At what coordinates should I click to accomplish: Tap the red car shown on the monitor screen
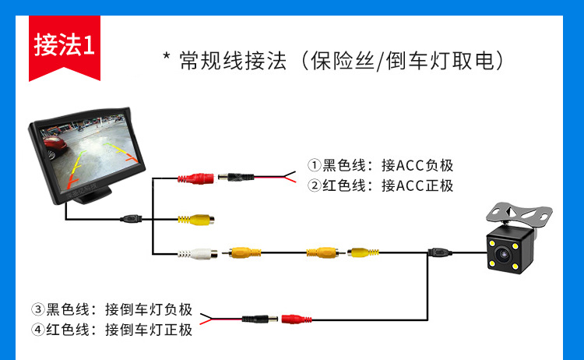coord(55,143)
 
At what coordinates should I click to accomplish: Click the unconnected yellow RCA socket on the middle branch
coord(195,219)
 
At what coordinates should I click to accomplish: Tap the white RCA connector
coord(195,252)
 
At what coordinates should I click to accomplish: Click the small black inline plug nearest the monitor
coord(132,218)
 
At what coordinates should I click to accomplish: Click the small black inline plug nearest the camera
coord(438,252)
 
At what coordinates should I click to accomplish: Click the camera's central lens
coord(512,253)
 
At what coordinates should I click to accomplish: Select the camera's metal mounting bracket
coord(519,214)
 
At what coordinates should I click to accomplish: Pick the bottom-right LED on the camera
coord(527,266)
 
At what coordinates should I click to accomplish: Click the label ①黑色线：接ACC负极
coord(380,165)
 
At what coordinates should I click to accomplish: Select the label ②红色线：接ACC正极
coord(380,185)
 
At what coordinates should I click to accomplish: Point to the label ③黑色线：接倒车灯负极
coord(111,309)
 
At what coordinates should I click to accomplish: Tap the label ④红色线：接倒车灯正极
coord(111,329)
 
